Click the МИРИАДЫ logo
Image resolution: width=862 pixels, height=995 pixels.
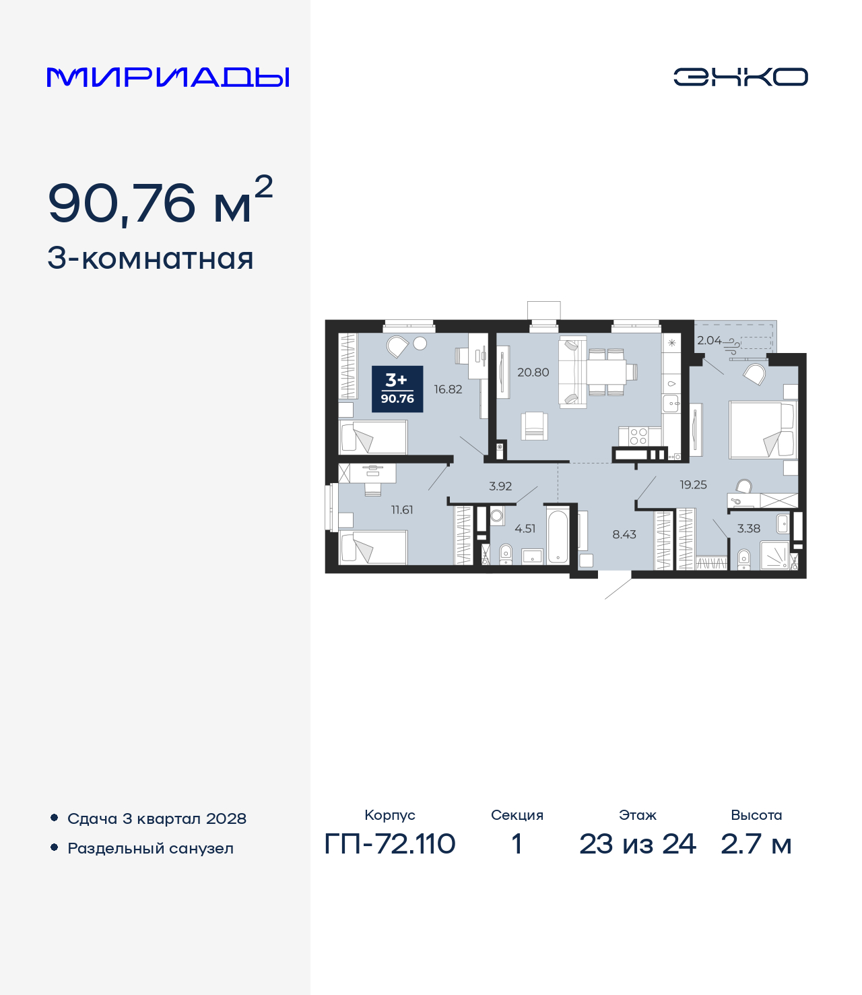(168, 77)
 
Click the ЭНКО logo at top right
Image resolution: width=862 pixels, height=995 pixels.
(740, 77)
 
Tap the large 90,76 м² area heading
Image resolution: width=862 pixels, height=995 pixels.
(160, 201)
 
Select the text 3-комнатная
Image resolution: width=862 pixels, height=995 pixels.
(150, 259)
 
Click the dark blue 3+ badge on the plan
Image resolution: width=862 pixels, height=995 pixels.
(397, 389)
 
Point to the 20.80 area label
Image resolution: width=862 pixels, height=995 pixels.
(533, 372)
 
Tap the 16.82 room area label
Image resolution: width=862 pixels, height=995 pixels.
(448, 389)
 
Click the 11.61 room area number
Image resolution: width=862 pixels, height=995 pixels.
(402, 510)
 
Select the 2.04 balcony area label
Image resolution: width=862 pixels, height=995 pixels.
(708, 341)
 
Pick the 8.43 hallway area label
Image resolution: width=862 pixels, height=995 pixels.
(624, 534)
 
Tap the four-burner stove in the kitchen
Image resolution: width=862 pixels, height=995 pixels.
(638, 436)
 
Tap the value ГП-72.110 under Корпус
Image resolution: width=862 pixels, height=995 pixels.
(390, 843)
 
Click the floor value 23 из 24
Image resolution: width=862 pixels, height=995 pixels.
(637, 843)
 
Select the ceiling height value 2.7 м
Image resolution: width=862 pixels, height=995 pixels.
(756, 843)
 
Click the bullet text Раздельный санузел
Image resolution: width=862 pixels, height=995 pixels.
(150, 848)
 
